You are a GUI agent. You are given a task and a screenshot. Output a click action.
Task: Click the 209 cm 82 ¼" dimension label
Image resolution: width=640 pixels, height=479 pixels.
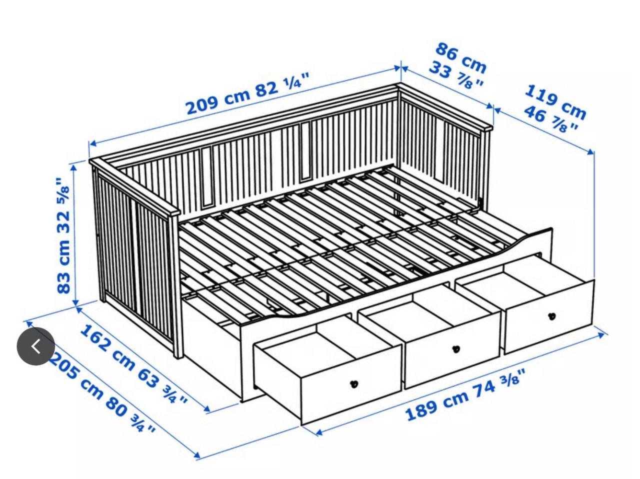(x=247, y=93)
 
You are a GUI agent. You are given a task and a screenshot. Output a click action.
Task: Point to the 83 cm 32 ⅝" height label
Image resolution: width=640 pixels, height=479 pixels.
(x=63, y=235)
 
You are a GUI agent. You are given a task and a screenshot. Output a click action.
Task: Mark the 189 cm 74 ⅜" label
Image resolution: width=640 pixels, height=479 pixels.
(x=465, y=394)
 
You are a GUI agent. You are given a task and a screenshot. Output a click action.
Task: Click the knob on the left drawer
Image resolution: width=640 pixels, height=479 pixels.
(x=354, y=384)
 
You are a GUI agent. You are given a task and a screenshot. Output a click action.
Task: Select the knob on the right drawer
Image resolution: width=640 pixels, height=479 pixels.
(x=551, y=316)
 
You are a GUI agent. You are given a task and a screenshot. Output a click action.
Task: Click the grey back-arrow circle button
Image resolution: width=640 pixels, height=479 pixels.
(x=35, y=346)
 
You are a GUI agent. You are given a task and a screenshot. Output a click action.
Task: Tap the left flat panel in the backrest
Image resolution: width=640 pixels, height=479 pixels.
(x=206, y=177)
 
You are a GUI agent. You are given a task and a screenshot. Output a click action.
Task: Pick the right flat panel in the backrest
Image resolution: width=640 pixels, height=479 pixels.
(x=305, y=151)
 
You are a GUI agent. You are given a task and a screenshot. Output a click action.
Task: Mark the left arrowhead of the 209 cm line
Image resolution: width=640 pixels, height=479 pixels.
(x=93, y=143)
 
